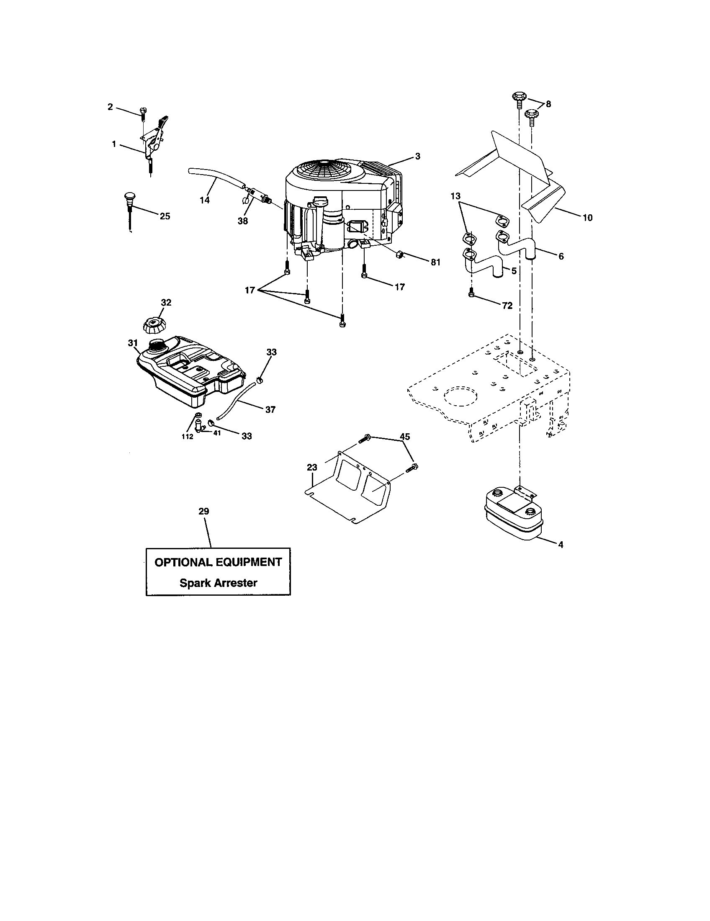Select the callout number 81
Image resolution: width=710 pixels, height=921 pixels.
(x=435, y=262)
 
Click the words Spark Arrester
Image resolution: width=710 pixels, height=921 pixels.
(x=218, y=583)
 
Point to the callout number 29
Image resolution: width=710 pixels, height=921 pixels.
(x=203, y=511)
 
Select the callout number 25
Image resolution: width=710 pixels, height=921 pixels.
(x=165, y=216)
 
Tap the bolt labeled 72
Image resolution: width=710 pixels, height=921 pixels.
(x=472, y=294)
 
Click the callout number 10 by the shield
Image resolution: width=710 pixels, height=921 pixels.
(x=587, y=218)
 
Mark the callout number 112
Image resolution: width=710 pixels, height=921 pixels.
(x=187, y=437)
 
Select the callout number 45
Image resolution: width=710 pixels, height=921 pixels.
(x=404, y=437)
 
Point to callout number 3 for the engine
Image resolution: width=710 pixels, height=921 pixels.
(x=417, y=157)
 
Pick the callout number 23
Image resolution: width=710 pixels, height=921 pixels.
(x=311, y=467)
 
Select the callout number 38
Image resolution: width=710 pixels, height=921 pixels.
(x=242, y=221)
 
